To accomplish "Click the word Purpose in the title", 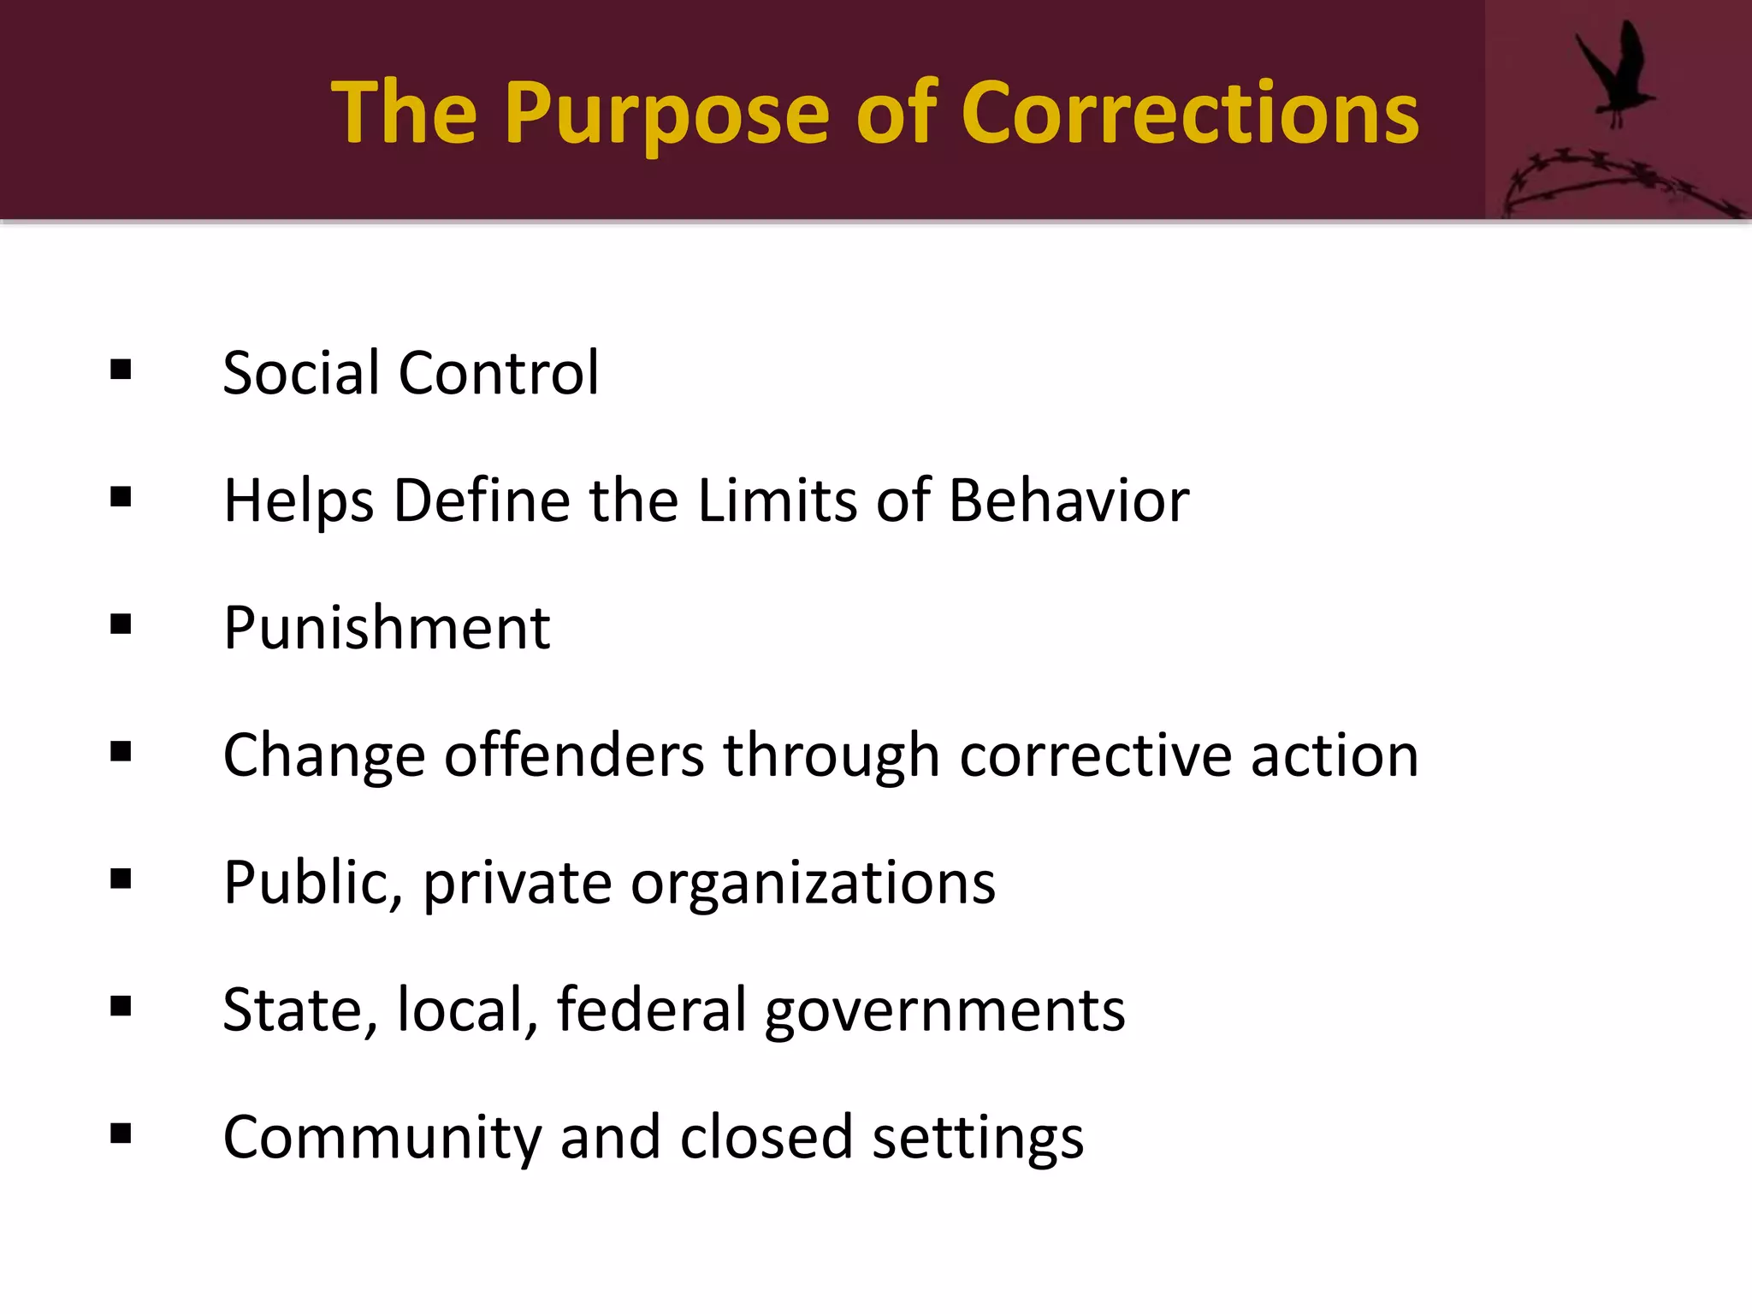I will click(x=666, y=115).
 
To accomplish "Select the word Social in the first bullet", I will click(x=300, y=373).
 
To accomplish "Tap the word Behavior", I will click(x=1068, y=500).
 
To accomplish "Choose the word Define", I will click(x=482, y=500).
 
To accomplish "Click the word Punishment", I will click(x=387, y=628).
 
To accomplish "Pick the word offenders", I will click(x=574, y=755).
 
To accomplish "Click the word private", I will click(x=518, y=883).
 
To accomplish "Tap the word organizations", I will click(x=813, y=883).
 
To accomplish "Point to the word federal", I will click(x=652, y=1010).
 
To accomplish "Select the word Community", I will click(x=382, y=1138).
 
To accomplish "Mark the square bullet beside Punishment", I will click(x=121, y=624).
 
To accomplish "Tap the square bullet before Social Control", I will click(x=121, y=370).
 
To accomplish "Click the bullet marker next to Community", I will click(x=121, y=1134).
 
